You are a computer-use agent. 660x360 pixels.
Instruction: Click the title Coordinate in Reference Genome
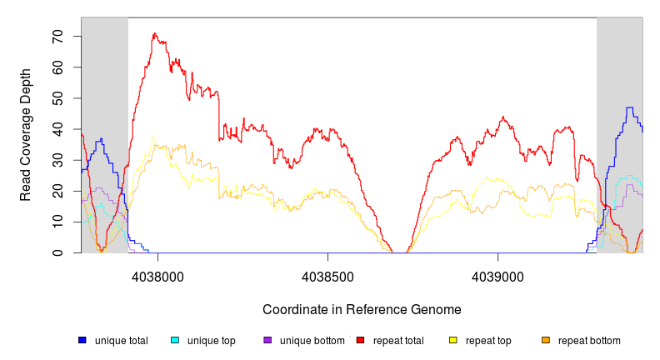(362, 309)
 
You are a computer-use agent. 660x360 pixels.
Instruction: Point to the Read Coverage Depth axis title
(26, 135)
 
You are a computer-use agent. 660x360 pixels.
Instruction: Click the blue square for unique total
(82, 341)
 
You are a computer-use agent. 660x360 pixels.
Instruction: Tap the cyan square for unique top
(175, 341)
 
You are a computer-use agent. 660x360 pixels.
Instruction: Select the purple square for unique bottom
(267, 341)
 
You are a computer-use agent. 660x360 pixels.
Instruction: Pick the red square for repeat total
(360, 341)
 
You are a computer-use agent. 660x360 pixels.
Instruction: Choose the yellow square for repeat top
(453, 341)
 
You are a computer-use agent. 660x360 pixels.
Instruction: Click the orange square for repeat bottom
(546, 341)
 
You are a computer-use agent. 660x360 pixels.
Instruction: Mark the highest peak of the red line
(154, 34)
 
